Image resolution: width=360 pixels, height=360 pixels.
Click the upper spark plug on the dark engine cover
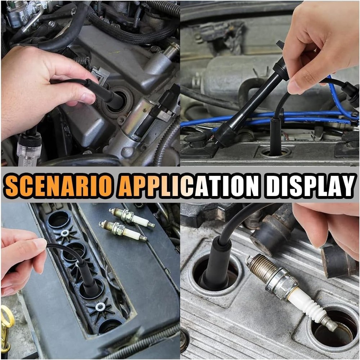[x=132, y=218]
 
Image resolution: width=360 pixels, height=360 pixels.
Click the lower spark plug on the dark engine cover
[x=123, y=231]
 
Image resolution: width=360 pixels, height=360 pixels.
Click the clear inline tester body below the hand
[x=29, y=150]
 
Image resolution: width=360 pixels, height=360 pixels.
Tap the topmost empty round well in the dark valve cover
[x=59, y=219]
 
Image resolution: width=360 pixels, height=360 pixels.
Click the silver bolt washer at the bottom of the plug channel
[x=100, y=307]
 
